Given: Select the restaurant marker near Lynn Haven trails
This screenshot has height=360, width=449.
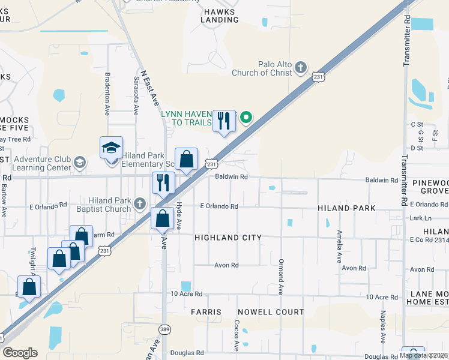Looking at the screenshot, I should pyautogui.click(x=224, y=121).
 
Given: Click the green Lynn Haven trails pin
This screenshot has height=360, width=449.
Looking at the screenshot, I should pyautogui.click(x=246, y=118).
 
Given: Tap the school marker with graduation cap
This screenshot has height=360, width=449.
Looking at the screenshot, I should pyautogui.click(x=111, y=148).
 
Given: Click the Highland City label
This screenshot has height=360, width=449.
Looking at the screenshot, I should pyautogui.click(x=228, y=238).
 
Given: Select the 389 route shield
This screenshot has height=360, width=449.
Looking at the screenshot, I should pyautogui.click(x=165, y=329).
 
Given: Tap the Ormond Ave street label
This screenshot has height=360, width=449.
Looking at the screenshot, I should pyautogui.click(x=280, y=277).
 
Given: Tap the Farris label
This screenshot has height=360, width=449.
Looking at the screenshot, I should pyautogui.click(x=206, y=312).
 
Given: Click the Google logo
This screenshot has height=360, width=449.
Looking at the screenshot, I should pyautogui.click(x=20, y=352).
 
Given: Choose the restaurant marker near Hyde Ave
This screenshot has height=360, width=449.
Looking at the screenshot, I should pyautogui.click(x=164, y=182).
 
